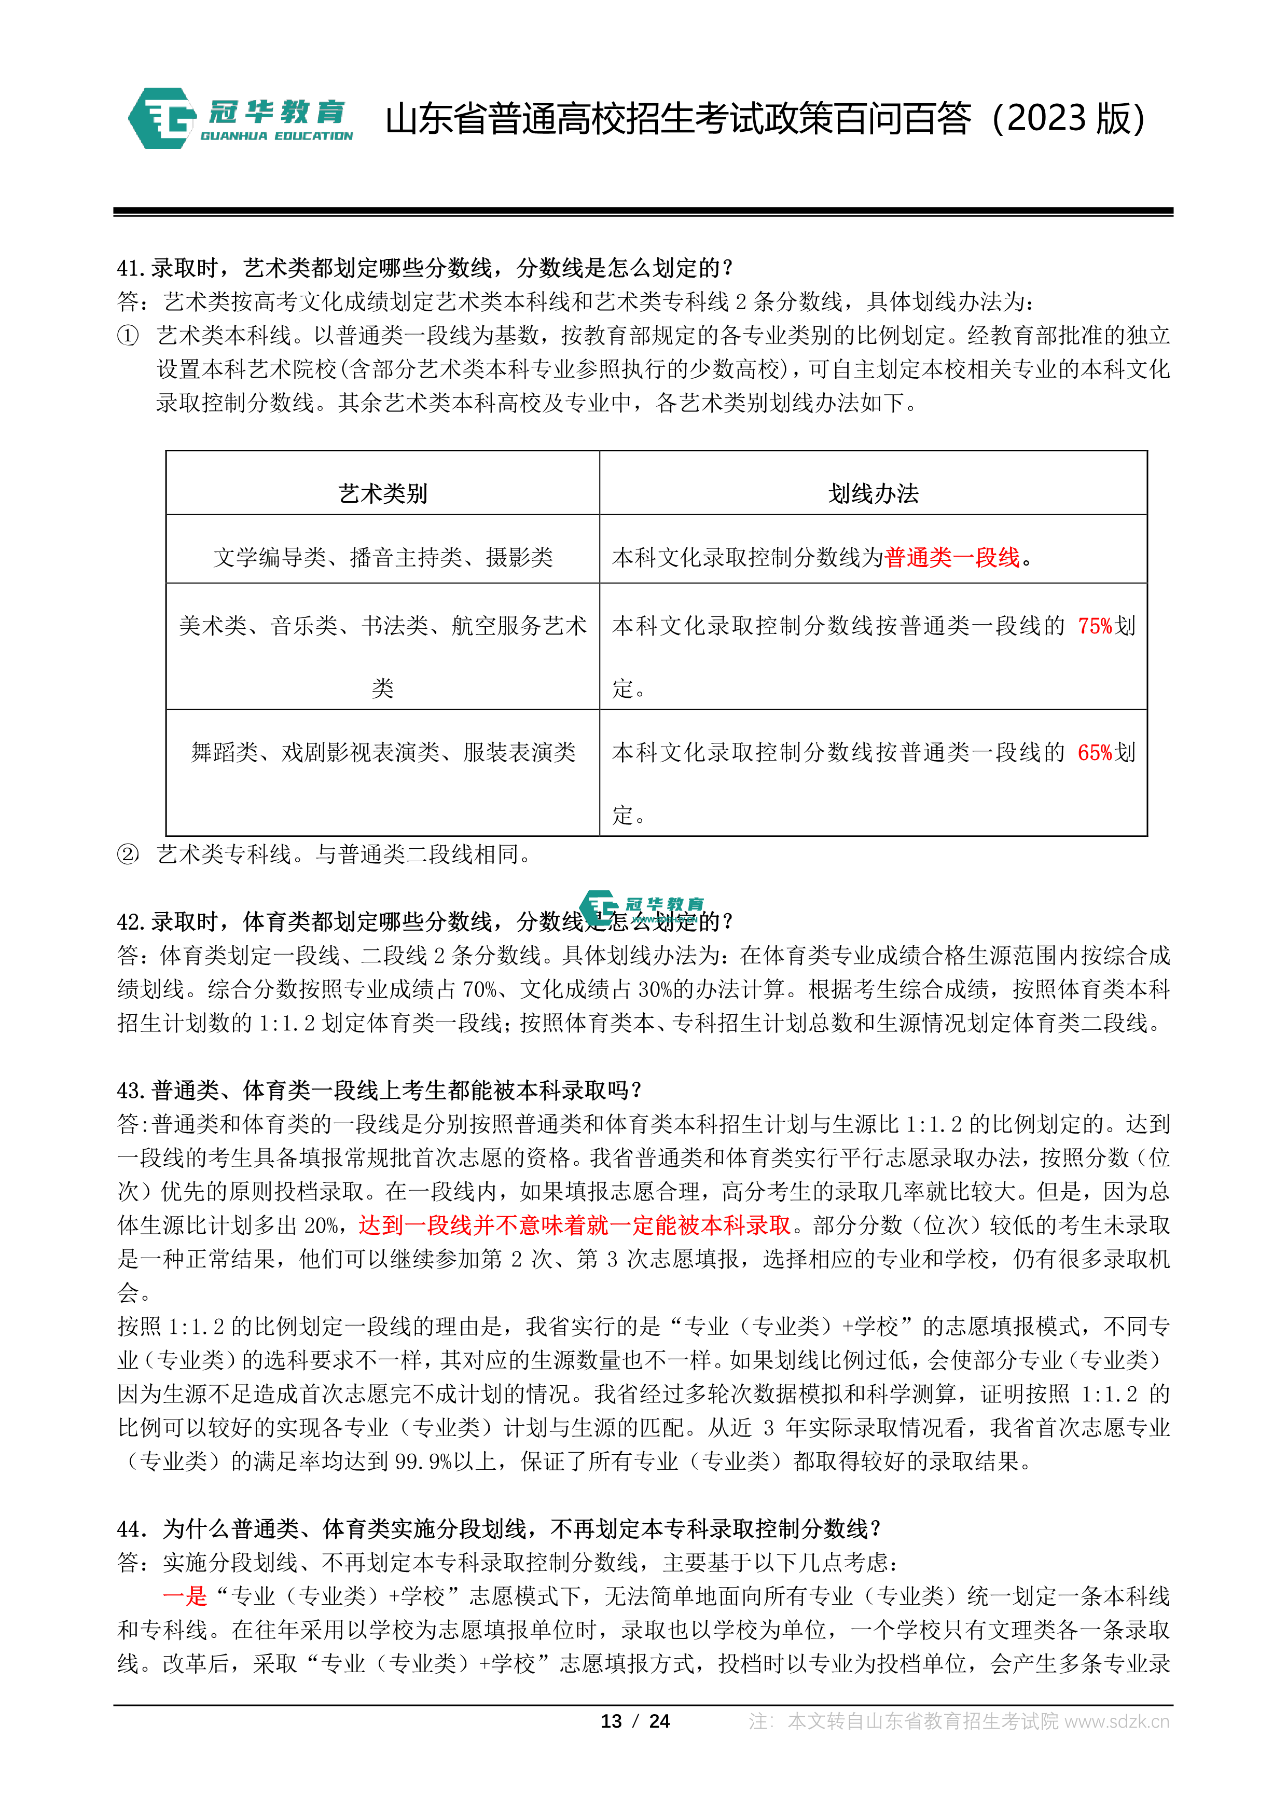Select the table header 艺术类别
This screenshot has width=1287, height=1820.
coord(383,494)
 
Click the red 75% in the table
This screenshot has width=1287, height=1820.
coord(1095,626)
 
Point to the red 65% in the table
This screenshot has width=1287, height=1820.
coord(1095,752)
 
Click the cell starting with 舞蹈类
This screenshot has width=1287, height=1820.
coord(383,752)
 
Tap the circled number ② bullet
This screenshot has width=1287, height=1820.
coord(128,854)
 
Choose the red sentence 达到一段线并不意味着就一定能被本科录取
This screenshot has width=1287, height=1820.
coord(575,1225)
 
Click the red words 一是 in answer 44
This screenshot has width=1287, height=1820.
coord(185,1596)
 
